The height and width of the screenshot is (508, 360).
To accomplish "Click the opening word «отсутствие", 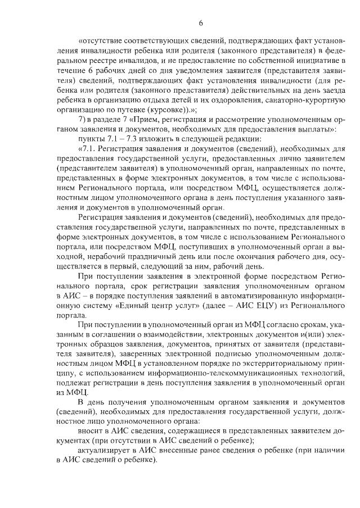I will (x=99, y=40).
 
